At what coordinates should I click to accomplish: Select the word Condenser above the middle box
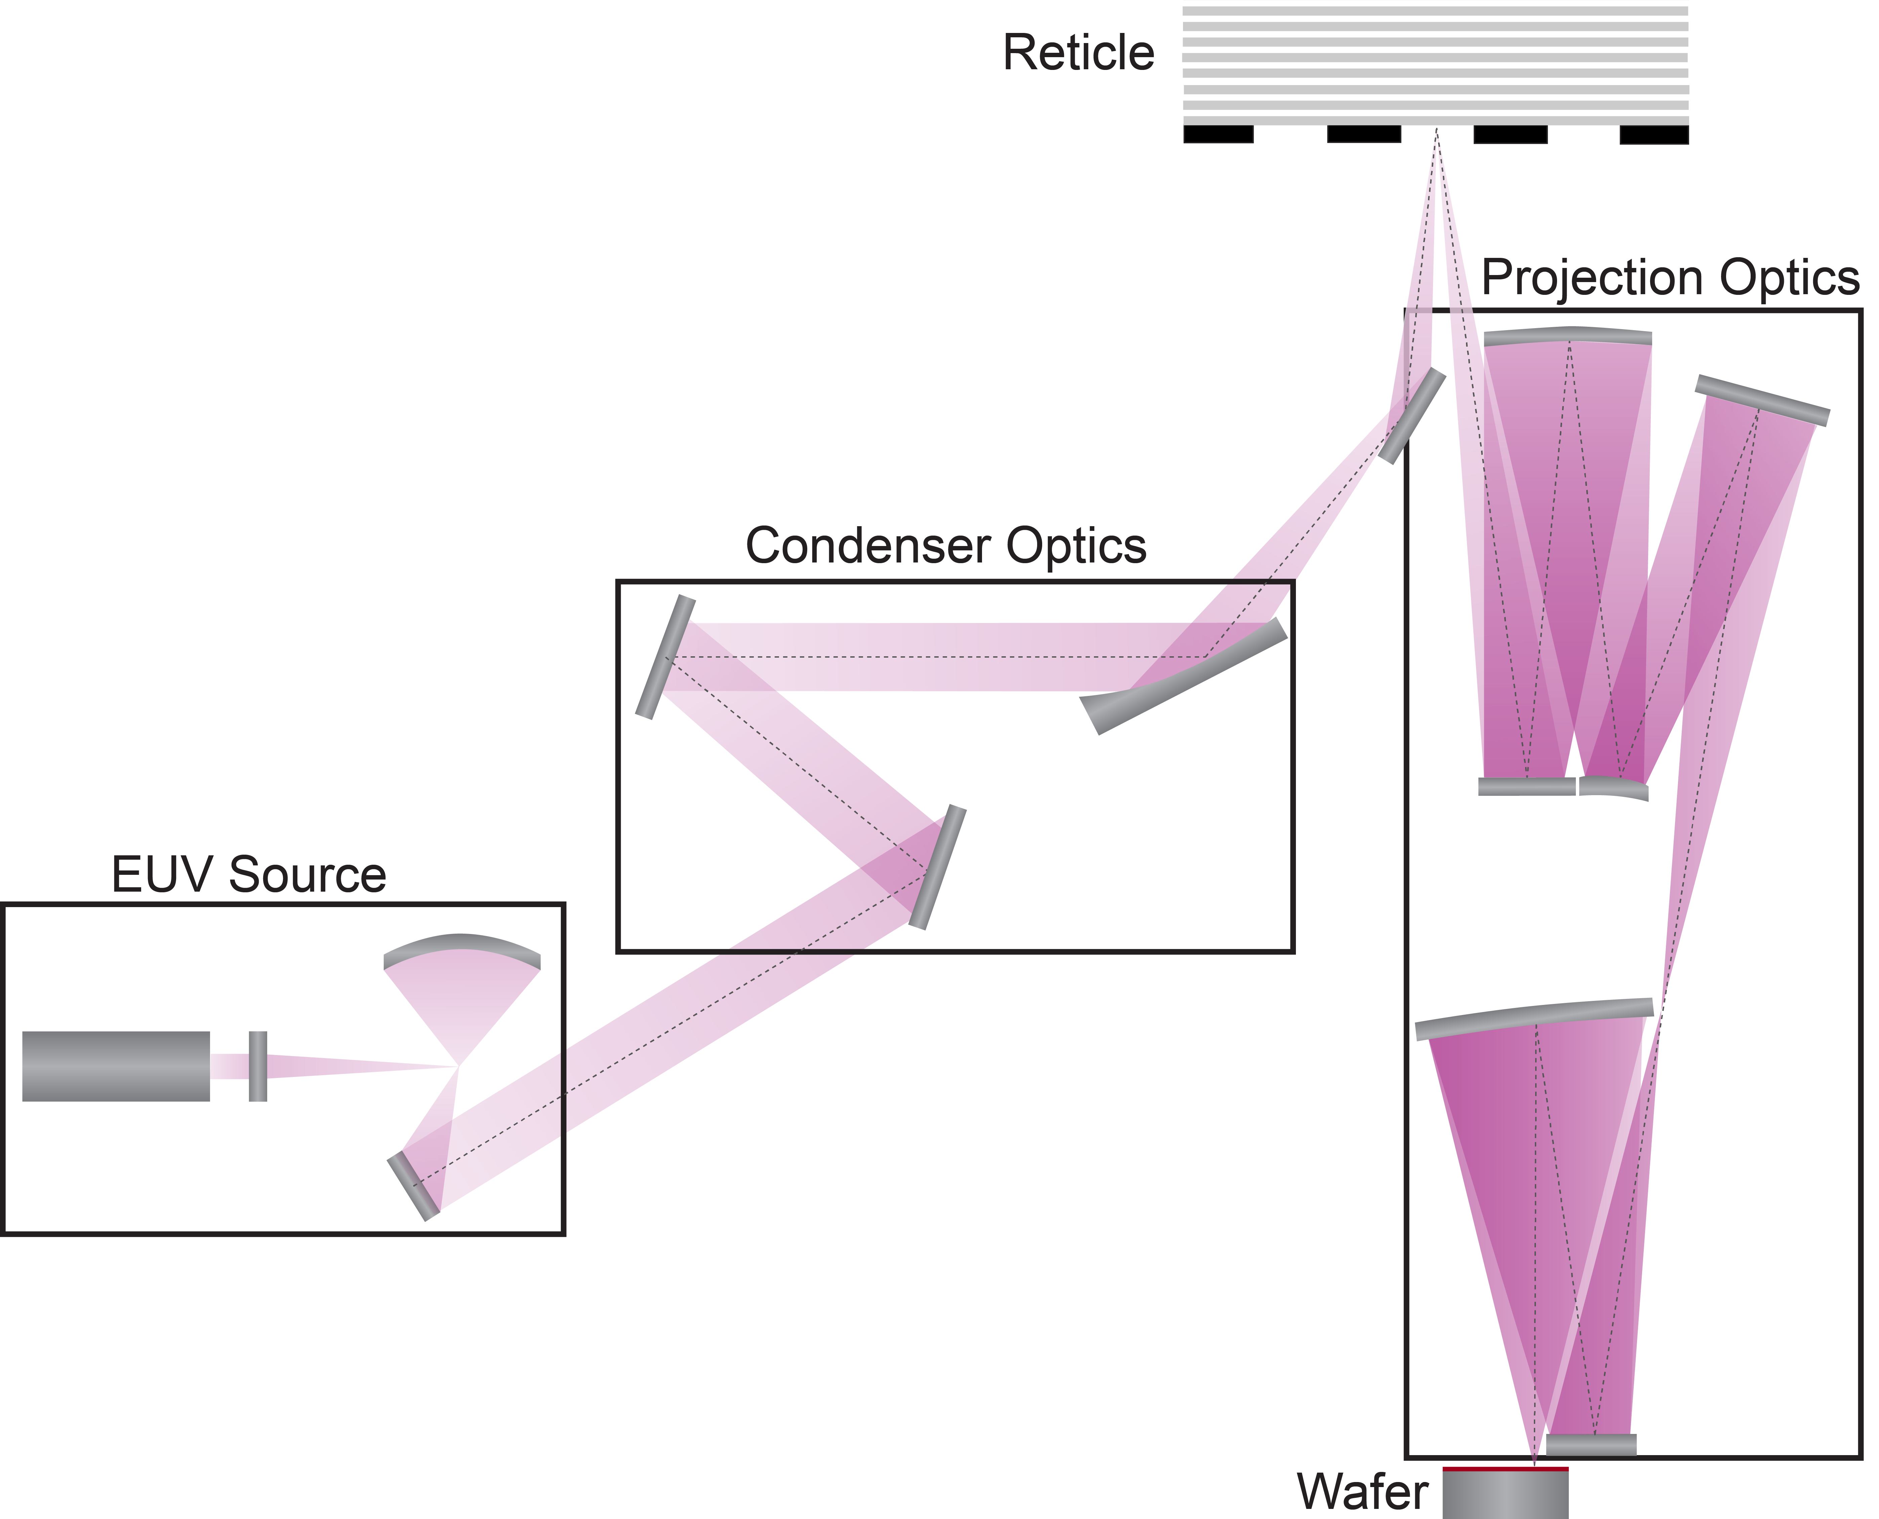(x=869, y=546)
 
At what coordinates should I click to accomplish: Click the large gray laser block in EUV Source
(x=116, y=1066)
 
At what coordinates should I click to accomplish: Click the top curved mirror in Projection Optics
(x=1567, y=336)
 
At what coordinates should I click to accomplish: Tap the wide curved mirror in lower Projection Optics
(x=1534, y=1018)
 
